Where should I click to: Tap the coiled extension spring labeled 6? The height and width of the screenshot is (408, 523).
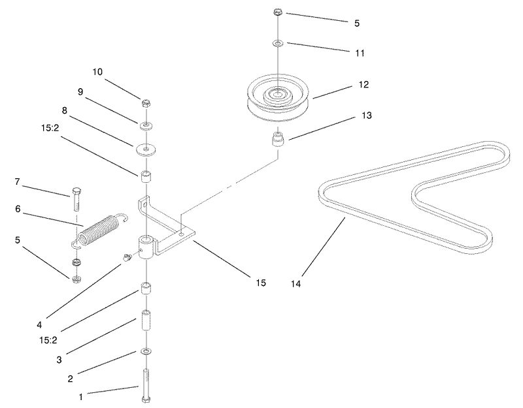99,230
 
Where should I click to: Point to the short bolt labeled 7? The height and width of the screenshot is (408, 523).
75,199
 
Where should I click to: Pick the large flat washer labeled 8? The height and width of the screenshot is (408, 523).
146,149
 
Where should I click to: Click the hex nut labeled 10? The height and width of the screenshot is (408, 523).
146,104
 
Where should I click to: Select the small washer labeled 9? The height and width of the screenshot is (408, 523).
146,126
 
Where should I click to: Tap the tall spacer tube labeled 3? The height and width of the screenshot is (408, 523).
146,320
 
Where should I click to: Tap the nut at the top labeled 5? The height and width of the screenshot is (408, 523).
278,12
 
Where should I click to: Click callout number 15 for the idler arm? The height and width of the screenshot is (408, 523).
261,283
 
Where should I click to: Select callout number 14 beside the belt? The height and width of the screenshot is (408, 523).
295,284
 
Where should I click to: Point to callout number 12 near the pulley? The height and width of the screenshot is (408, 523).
363,85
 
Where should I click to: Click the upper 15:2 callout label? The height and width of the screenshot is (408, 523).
50,127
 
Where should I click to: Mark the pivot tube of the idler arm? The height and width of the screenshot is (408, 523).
146,247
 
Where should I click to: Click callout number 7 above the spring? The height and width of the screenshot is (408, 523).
18,182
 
